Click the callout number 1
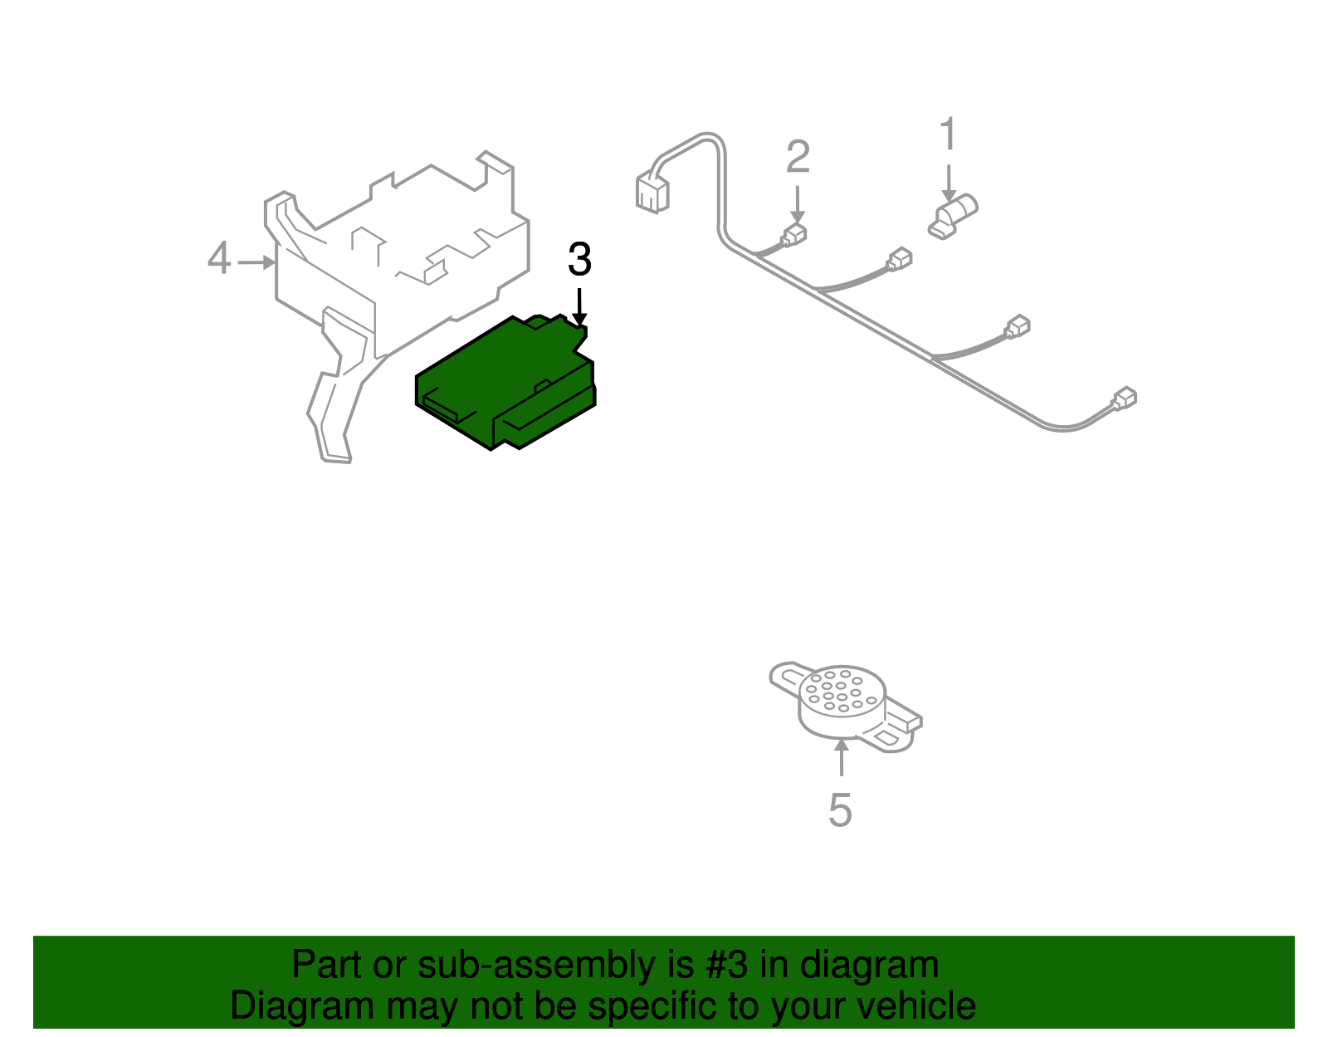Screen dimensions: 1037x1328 (948, 135)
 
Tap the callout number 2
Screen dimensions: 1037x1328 (798, 157)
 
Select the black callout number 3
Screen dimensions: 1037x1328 (579, 260)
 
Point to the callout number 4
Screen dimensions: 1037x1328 (218, 258)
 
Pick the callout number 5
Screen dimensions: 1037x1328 (840, 810)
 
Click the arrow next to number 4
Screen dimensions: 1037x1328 (256, 262)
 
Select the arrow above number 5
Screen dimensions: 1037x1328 (842, 756)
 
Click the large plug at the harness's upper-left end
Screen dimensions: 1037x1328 (652, 193)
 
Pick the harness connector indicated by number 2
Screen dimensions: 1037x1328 (794, 234)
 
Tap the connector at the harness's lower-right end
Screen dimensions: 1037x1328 (1124, 399)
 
